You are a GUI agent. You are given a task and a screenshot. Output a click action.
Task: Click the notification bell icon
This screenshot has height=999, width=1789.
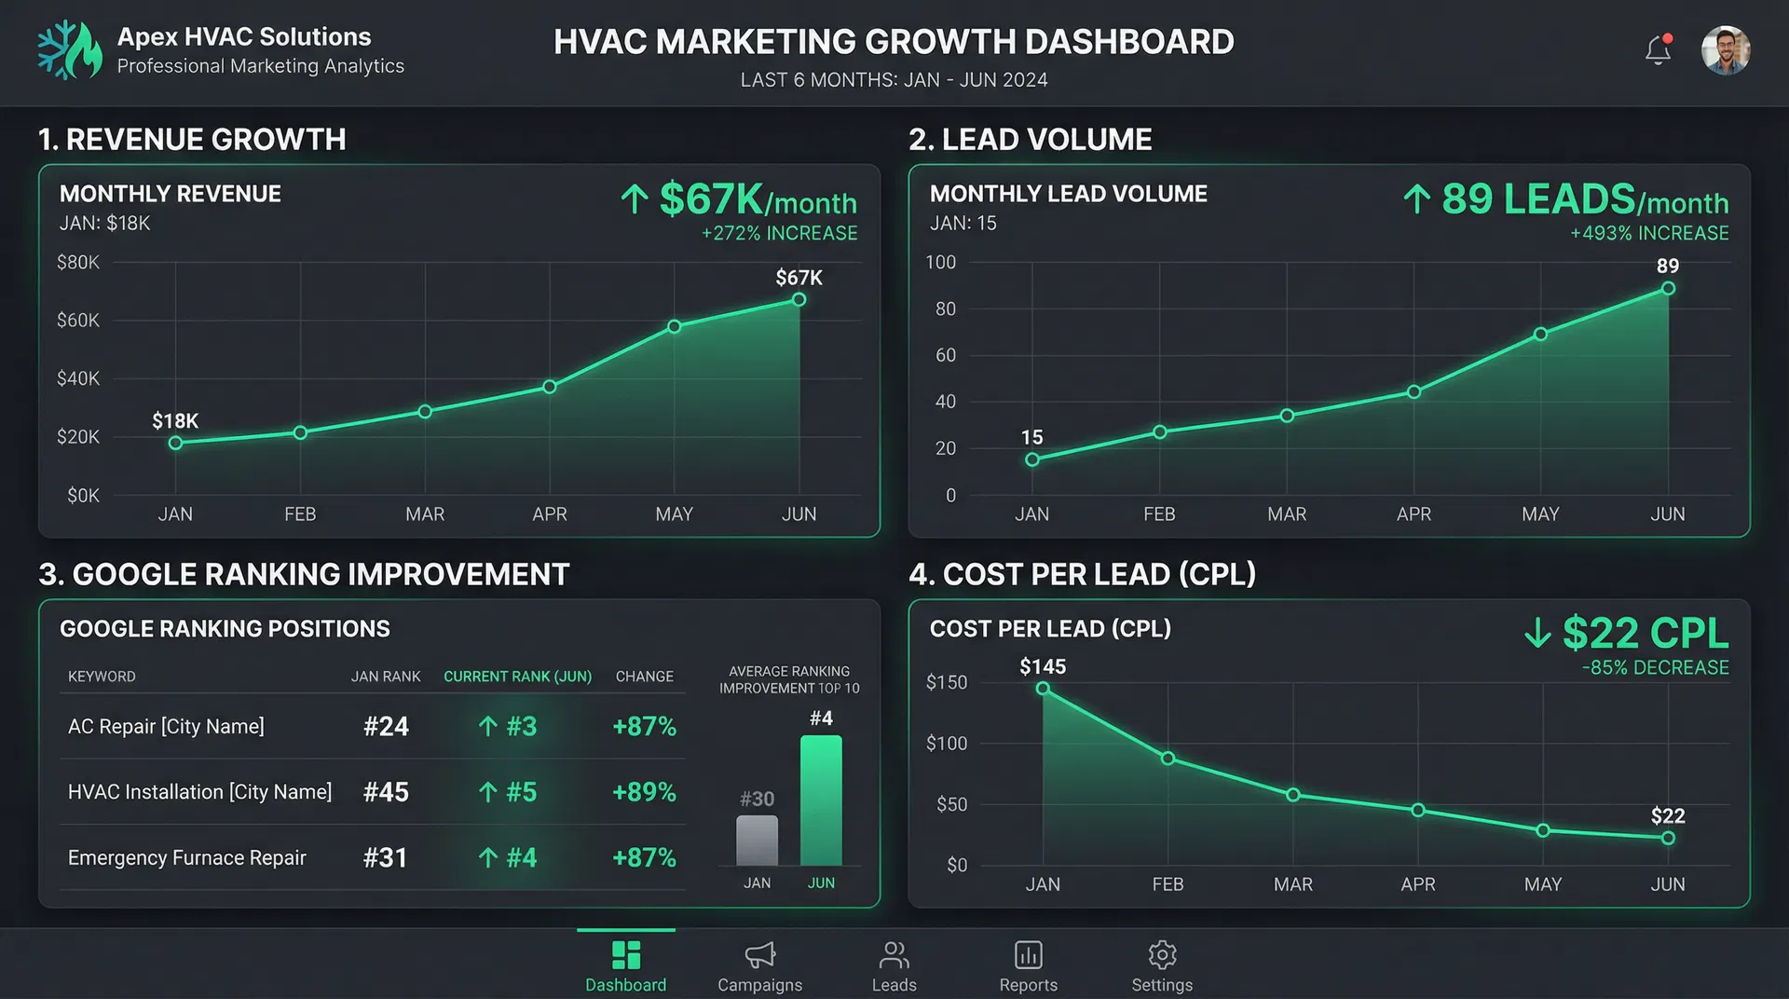point(1658,50)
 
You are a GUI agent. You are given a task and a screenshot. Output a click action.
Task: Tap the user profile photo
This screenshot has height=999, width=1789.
point(1726,50)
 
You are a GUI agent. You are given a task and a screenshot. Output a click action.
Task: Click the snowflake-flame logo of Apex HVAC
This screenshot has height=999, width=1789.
point(70,50)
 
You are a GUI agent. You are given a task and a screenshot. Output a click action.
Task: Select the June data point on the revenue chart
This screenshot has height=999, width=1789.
point(799,300)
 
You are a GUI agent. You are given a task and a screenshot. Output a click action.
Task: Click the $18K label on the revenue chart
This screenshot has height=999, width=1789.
point(175,421)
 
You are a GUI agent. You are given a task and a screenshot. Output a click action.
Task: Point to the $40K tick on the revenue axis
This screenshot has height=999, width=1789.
point(78,378)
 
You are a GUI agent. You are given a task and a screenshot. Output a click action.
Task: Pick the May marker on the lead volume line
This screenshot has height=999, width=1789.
point(1540,334)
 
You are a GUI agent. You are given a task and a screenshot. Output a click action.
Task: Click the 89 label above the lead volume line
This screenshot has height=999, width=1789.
point(1668,267)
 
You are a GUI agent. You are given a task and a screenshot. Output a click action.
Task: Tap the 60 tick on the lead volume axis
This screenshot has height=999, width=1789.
point(946,355)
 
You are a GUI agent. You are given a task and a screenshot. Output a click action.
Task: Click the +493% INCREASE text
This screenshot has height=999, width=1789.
point(1649,233)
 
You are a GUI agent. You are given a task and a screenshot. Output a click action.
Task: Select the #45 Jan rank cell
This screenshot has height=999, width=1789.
point(386,792)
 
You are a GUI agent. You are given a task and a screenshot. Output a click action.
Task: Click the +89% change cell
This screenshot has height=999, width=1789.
point(644,792)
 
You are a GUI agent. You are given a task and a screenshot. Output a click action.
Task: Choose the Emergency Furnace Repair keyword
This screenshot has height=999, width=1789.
point(187,857)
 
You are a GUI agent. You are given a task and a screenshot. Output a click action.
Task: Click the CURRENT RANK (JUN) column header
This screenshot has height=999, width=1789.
point(517,677)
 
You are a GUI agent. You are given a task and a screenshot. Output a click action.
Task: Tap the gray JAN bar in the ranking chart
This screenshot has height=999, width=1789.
point(757,841)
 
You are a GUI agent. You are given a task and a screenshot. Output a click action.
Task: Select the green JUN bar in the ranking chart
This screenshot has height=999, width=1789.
point(821,801)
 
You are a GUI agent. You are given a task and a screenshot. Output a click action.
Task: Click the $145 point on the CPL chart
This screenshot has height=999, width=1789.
point(1043,689)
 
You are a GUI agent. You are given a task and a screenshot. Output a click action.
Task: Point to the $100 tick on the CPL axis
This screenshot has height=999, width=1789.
point(947,744)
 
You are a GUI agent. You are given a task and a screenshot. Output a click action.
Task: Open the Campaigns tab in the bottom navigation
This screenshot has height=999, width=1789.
point(759,965)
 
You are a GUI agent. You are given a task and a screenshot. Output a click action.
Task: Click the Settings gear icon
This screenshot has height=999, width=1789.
point(1162,955)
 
